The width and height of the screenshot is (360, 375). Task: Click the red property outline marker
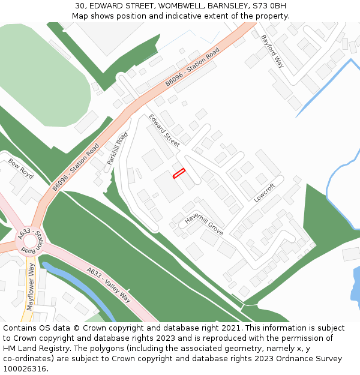point(179,173)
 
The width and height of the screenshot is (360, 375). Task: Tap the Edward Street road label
point(164,130)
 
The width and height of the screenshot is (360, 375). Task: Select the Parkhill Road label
point(118,148)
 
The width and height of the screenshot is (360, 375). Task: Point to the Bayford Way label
point(272,51)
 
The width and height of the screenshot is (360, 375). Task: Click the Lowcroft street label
point(264,193)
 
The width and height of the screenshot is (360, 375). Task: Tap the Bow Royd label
point(21,169)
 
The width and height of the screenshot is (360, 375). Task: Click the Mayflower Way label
point(31,290)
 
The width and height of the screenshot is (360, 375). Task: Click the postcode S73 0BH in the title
point(269,6)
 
